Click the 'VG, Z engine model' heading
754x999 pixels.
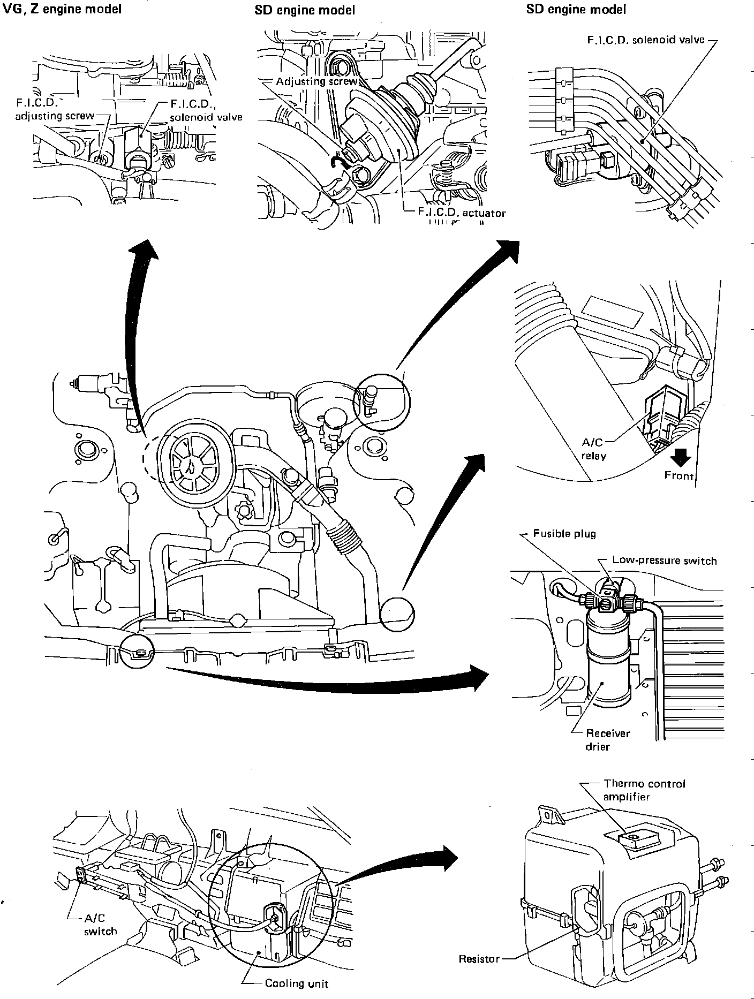coord(62,9)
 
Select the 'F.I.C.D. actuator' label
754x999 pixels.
coord(462,213)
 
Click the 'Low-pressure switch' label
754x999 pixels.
coord(665,561)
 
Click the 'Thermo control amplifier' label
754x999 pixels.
coord(644,790)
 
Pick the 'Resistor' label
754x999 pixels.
coord(479,958)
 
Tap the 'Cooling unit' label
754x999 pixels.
coord(297,983)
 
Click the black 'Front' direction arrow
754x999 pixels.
coord(681,458)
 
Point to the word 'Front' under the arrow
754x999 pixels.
coord(678,475)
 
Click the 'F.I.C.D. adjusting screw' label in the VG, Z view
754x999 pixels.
coord(55,109)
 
